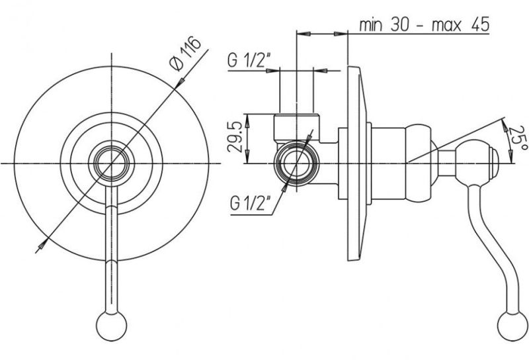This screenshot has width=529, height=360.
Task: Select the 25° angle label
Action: pyautogui.click(x=518, y=138)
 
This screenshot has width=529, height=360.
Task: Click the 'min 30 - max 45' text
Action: pyautogui.click(x=424, y=24)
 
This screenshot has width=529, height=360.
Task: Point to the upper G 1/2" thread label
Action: pyautogui.click(x=247, y=61)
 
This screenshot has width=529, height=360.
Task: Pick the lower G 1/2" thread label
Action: pyautogui.click(x=251, y=204)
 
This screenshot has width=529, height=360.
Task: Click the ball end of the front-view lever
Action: pyautogui.click(x=111, y=326)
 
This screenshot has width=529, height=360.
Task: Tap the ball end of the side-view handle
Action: pyautogui.click(x=512, y=326)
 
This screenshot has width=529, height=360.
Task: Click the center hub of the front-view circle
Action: pyautogui.click(x=112, y=163)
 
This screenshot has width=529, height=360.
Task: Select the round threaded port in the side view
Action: pyautogui.click(x=296, y=163)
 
